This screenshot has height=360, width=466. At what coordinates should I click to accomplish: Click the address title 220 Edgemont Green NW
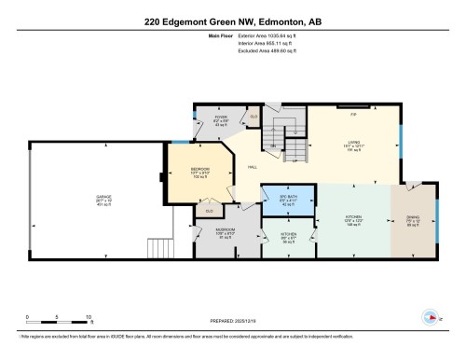(x=232, y=21)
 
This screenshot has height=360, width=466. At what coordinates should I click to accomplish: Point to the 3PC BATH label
(x=288, y=198)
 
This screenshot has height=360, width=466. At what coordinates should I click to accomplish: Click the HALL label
(x=252, y=168)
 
